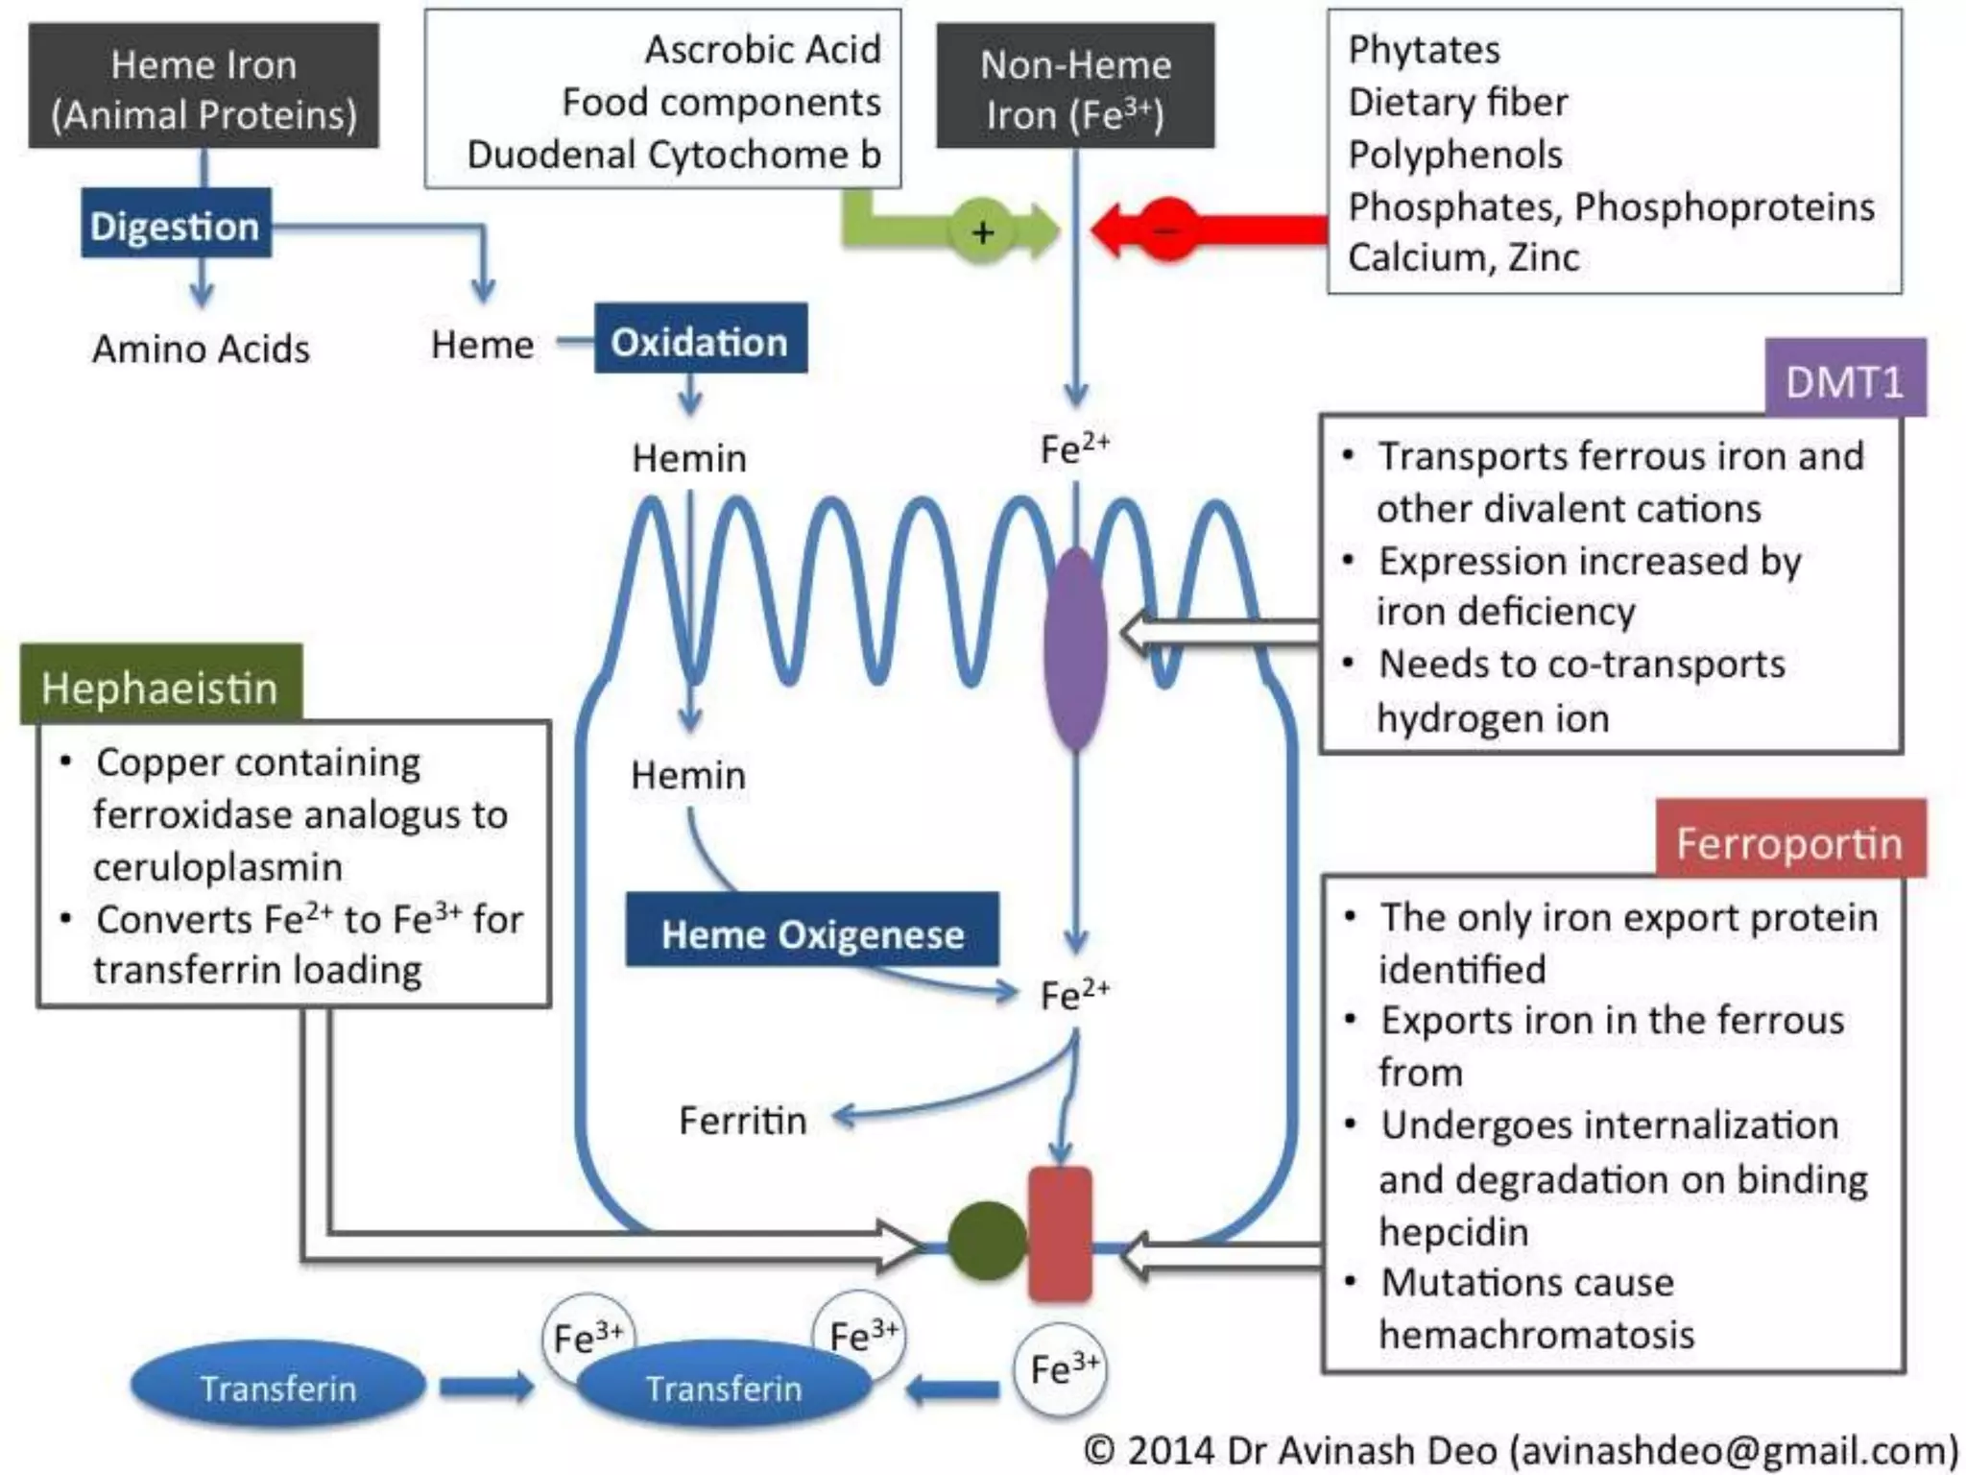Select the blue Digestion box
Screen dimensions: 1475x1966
tap(176, 226)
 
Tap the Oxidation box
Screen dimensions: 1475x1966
tap(700, 341)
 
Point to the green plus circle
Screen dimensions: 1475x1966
tap(981, 231)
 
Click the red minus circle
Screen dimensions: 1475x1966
tap(1167, 230)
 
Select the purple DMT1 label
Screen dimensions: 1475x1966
tap(1844, 381)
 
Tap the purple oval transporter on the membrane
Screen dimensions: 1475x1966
tap(1075, 649)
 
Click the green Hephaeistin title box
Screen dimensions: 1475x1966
tap(160, 688)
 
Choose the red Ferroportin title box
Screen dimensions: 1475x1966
tap(1789, 842)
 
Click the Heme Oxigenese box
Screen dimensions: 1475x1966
tap(812, 932)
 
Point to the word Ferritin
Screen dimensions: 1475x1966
tap(742, 1120)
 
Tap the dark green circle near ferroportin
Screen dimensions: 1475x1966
tap(986, 1240)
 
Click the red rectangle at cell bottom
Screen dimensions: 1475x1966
tap(1060, 1234)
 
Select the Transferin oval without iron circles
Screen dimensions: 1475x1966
tap(277, 1388)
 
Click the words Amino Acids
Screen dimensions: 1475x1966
tap(201, 349)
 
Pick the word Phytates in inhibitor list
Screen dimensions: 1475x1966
tap(1424, 50)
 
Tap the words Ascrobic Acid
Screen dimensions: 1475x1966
tap(762, 50)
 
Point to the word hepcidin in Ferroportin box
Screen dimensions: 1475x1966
tap(1453, 1231)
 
